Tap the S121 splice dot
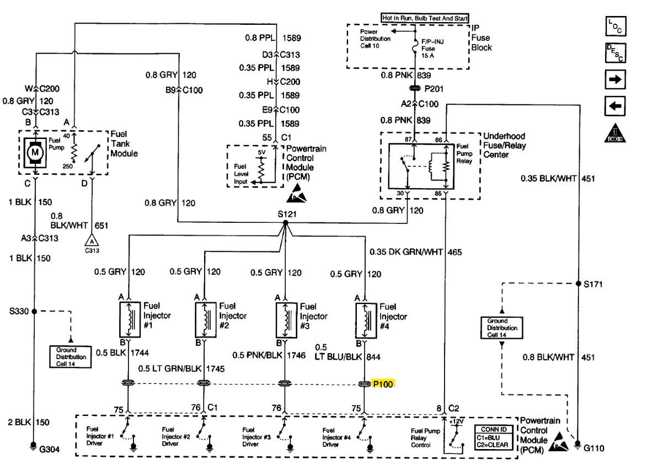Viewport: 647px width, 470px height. click(285, 223)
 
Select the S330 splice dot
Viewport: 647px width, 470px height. click(34, 311)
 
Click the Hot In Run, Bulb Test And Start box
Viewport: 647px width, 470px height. click(425, 18)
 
